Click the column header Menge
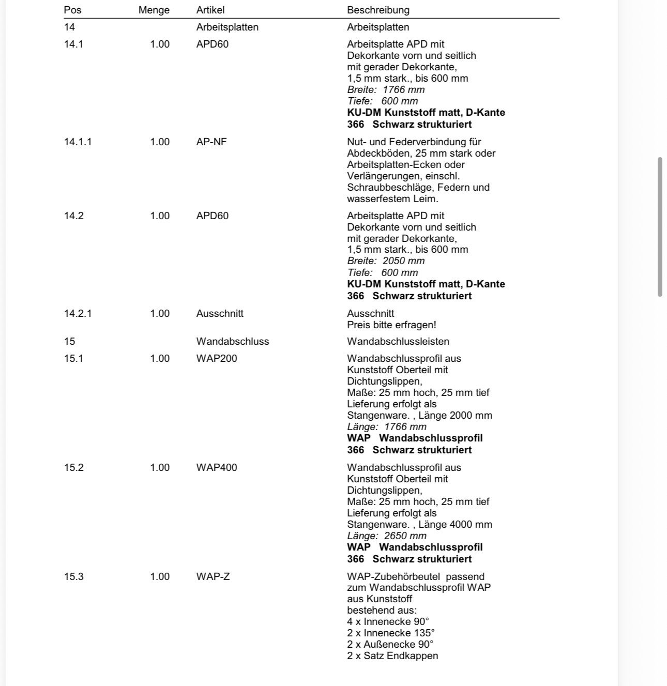[x=154, y=10]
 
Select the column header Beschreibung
[x=378, y=10]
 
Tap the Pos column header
[x=72, y=10]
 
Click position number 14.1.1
[x=78, y=142]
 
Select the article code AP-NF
[x=211, y=142]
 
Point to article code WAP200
[x=217, y=358]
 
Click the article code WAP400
[x=217, y=467]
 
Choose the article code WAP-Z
[x=213, y=576]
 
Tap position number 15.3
[x=73, y=576]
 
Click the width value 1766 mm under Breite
[x=403, y=89]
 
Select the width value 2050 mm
[x=403, y=261]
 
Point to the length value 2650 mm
[x=405, y=536]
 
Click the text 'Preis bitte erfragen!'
[x=391, y=325]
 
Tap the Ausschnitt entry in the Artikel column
[x=220, y=313]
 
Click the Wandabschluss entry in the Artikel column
[x=233, y=341]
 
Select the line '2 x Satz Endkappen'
[x=392, y=655]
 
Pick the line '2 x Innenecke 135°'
[x=390, y=633]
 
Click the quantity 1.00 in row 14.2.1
[x=160, y=313]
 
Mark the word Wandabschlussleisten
[x=398, y=341]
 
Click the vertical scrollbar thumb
[x=660, y=227]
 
